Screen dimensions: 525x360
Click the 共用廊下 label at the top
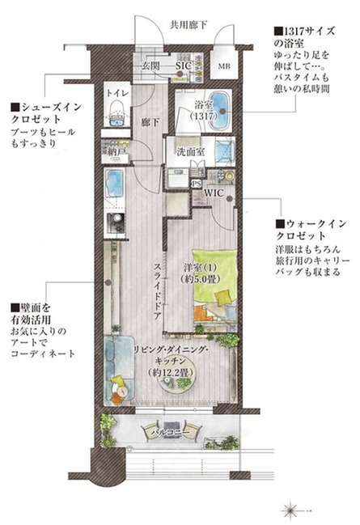click(188, 24)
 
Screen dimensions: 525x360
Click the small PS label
click(195, 184)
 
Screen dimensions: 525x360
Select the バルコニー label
click(170, 434)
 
